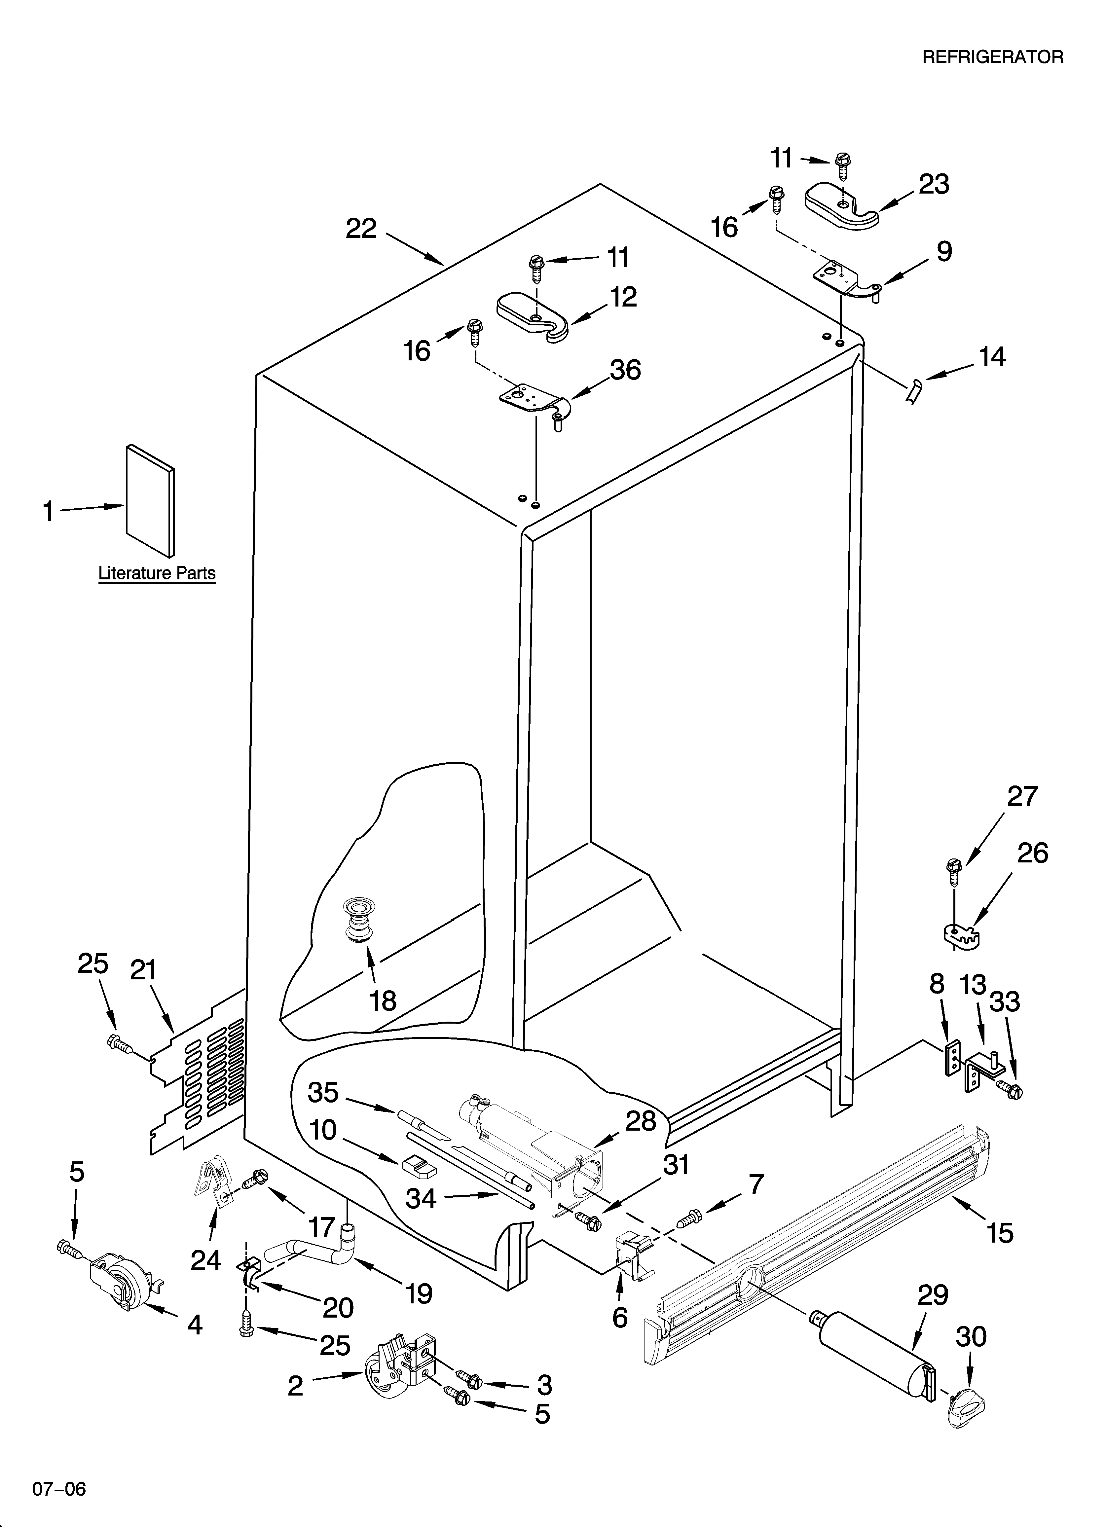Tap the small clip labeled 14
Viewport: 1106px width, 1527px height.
point(914,390)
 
